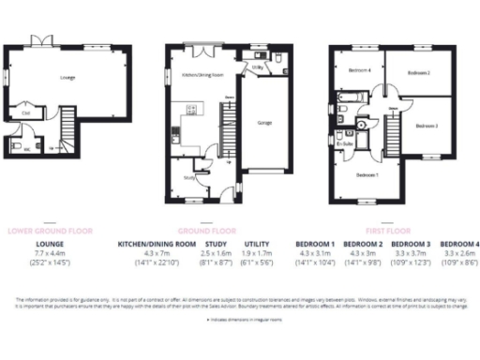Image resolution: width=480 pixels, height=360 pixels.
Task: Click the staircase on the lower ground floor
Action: click(67, 122)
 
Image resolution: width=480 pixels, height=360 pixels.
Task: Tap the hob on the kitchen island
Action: click(192, 112)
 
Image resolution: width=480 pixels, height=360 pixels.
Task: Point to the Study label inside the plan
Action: click(189, 175)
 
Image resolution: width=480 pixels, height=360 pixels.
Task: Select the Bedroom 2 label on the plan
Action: click(418, 71)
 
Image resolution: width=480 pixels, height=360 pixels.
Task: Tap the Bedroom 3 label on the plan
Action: click(426, 125)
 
